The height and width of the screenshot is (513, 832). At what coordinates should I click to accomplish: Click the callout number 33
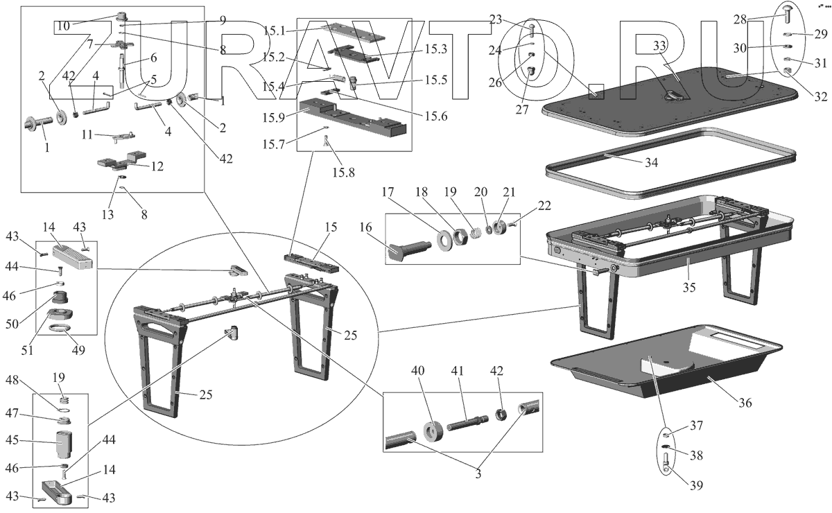click(659, 46)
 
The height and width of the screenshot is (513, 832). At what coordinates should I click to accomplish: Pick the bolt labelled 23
click(530, 30)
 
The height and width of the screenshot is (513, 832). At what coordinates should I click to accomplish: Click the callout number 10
click(63, 26)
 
